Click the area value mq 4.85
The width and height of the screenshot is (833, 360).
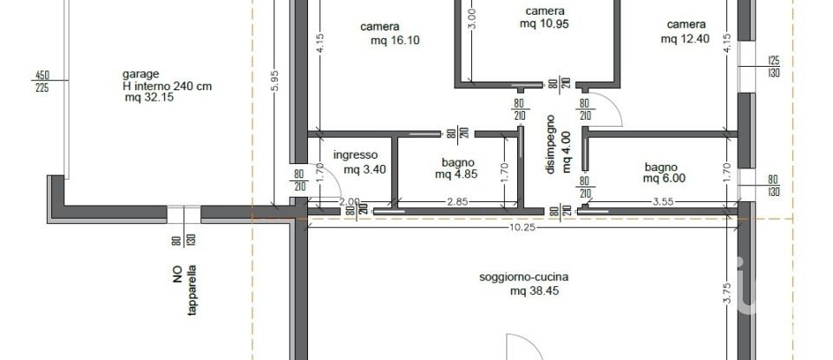456,173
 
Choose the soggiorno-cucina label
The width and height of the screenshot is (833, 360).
523,278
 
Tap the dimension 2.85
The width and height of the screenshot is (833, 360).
456,203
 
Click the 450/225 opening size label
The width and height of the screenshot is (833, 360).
41,80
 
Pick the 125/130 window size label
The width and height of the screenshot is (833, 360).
775,67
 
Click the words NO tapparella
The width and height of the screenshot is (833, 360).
185,289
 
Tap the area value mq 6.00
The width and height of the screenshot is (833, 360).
664,179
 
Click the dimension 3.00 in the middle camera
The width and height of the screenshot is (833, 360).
472,17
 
